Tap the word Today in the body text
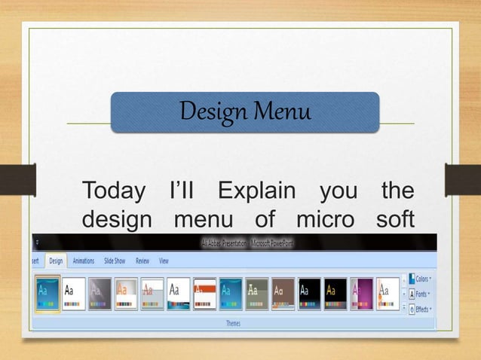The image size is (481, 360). tap(113, 191)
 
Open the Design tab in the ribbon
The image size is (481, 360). tap(56, 261)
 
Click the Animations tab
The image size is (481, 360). tap(84, 261)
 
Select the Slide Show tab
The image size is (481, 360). tap(115, 261)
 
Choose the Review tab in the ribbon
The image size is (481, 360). tap(142, 261)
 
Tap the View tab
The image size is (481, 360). tap(164, 261)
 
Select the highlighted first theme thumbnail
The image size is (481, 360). tap(47, 294)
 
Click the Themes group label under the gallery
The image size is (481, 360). tap(233, 323)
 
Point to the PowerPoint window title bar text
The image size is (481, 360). tap(237, 243)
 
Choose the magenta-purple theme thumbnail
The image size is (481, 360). tap(362, 294)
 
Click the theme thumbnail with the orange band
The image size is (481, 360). tap(205, 294)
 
